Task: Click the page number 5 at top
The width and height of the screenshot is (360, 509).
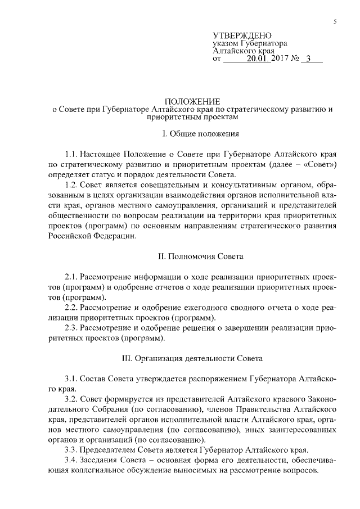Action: (335, 21)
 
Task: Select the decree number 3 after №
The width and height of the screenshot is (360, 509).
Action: (308, 58)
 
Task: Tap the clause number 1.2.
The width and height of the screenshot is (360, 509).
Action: (72, 185)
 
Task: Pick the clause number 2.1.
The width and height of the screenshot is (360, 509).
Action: (72, 277)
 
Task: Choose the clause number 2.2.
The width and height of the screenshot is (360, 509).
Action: (72, 308)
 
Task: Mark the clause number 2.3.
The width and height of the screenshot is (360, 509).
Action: (72, 328)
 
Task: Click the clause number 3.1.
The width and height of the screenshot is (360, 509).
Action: (72, 379)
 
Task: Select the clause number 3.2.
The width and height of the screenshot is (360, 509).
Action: (72, 399)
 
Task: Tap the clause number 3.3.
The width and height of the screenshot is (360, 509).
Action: (72, 450)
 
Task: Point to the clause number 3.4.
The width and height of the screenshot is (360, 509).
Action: (72, 461)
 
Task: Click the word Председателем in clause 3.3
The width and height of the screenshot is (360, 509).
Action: (110, 450)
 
